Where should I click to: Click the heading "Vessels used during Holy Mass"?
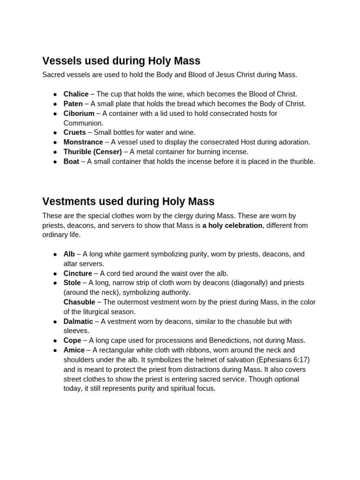point(121,61)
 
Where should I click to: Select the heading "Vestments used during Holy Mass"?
point(128,202)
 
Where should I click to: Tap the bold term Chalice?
point(76,94)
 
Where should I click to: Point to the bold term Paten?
point(73,104)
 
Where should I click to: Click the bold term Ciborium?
point(79,113)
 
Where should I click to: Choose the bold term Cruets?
point(75,133)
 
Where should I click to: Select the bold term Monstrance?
point(83,142)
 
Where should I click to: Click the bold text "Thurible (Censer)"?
point(92,152)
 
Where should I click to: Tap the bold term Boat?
point(71,161)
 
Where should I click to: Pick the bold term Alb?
point(69,254)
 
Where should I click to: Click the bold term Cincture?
point(78,273)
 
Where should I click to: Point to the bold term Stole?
point(72,283)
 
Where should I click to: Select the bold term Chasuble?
point(79,302)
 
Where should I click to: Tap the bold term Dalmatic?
point(78,322)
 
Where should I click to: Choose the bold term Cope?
point(72,340)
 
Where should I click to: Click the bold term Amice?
point(74,350)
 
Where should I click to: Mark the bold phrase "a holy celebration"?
point(232,225)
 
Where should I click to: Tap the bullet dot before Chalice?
point(55,95)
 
